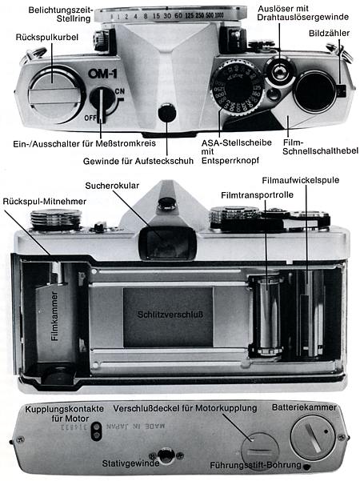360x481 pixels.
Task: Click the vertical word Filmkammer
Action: [55, 326]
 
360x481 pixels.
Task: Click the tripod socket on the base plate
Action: [166, 454]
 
